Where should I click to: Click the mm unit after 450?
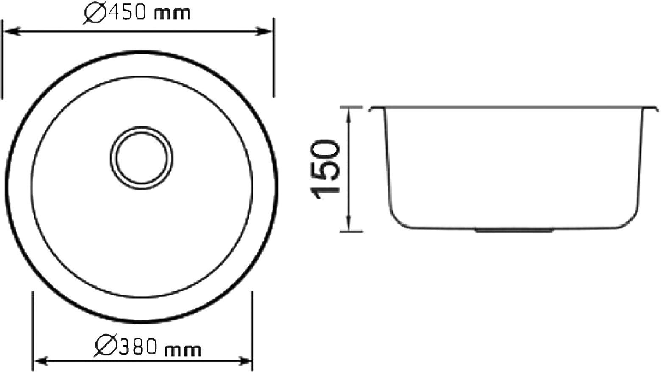coord(172,14)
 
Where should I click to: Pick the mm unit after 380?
coord(182,350)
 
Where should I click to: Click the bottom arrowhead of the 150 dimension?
coord(349,225)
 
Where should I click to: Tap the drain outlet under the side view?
coord(513,230)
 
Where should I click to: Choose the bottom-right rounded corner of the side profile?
coord(632,220)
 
